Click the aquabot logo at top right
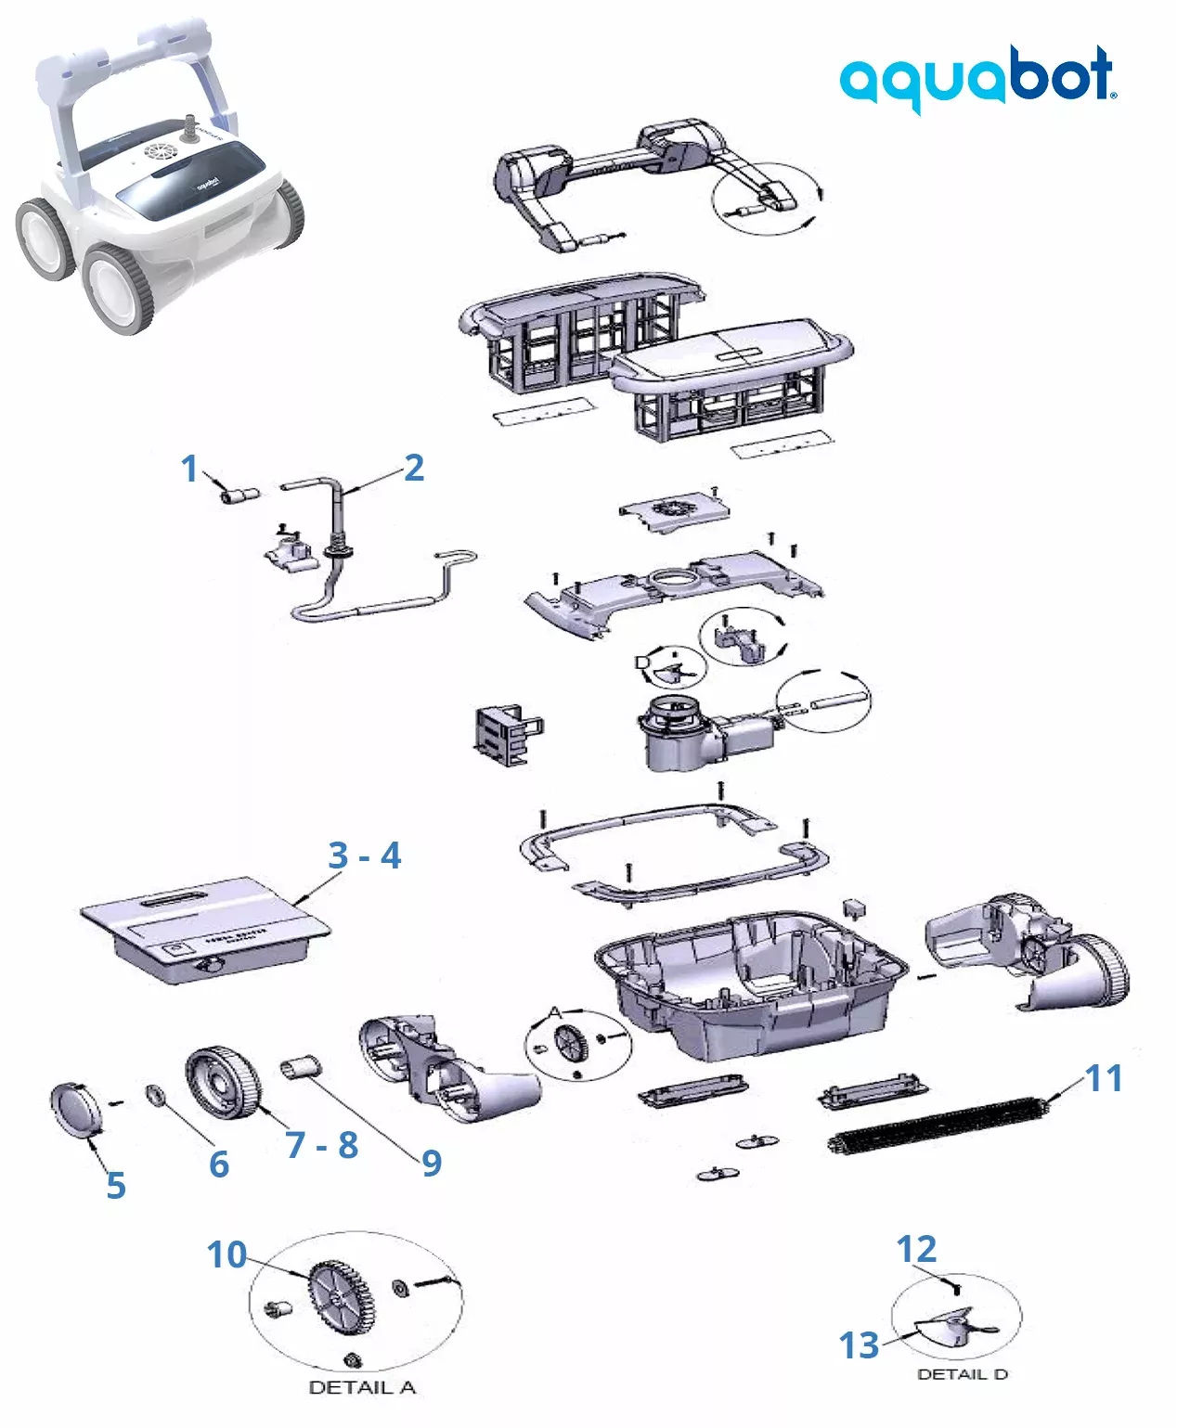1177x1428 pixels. click(x=977, y=78)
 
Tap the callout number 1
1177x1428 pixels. click(x=189, y=469)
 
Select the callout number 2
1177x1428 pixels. click(x=414, y=468)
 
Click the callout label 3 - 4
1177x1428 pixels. click(x=365, y=856)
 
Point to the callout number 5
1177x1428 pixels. click(x=116, y=1185)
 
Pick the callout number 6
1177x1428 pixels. click(x=219, y=1164)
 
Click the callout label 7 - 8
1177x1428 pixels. click(x=321, y=1145)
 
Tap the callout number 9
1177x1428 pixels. click(x=432, y=1163)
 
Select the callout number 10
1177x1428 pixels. click(x=226, y=1254)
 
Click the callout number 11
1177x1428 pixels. click(x=1104, y=1078)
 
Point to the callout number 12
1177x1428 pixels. click(x=916, y=1249)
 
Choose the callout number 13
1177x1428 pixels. click(x=859, y=1344)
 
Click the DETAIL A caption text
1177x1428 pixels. click(x=361, y=1388)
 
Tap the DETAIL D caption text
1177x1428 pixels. click(x=962, y=1374)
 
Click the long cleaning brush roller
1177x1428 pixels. click(x=938, y=1126)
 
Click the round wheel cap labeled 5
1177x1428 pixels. click(x=75, y=1108)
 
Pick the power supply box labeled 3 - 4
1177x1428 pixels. click(x=204, y=928)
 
